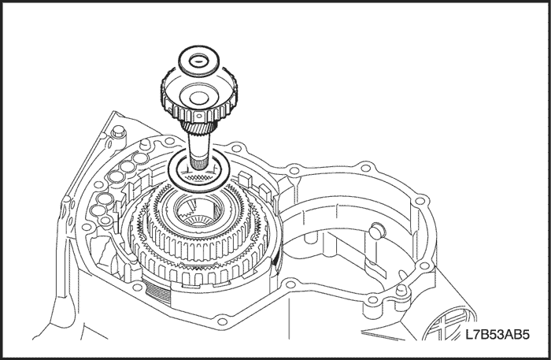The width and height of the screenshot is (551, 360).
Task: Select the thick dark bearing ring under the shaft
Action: (x=199, y=173)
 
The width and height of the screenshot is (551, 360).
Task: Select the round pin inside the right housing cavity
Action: (x=375, y=230)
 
